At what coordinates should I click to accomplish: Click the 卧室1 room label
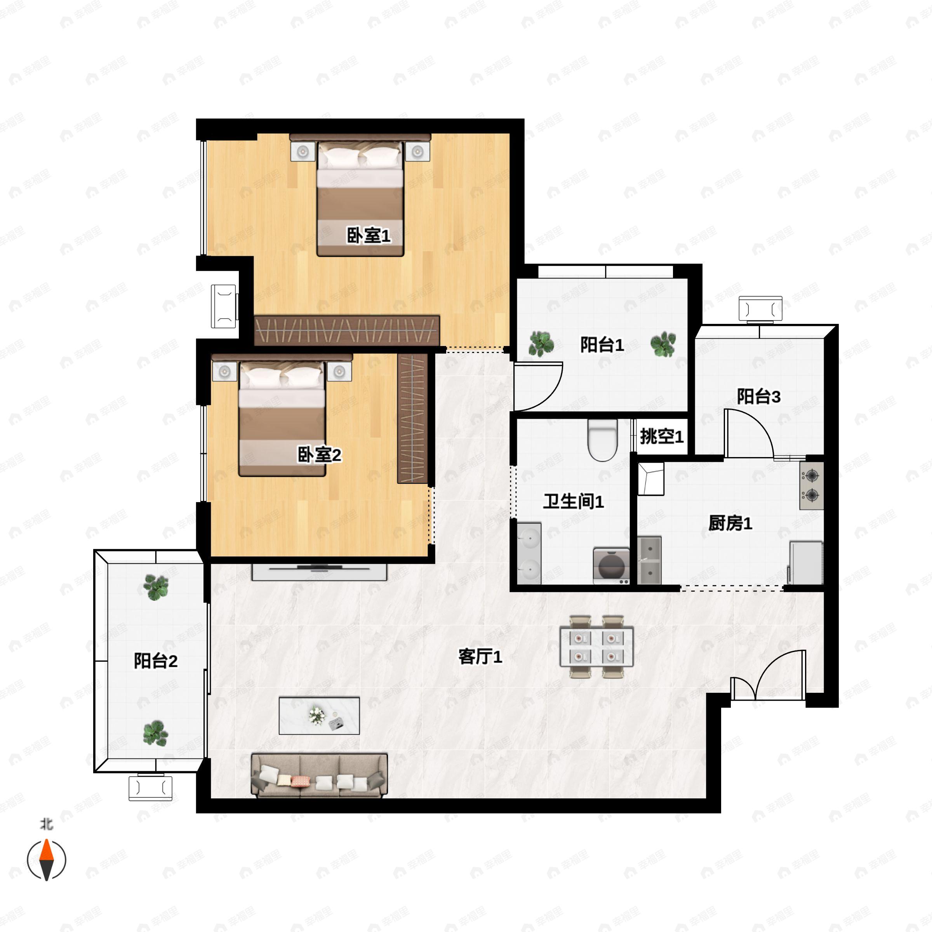click(x=369, y=235)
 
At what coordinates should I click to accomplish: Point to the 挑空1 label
click(x=661, y=436)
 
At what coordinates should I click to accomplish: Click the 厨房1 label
click(x=730, y=523)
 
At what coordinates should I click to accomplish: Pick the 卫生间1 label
click(x=574, y=501)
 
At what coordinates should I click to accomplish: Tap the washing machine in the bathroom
click(x=611, y=565)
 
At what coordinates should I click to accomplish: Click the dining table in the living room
click(x=596, y=647)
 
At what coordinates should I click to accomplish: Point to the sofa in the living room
click(x=319, y=775)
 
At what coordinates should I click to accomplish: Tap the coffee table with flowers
click(x=319, y=715)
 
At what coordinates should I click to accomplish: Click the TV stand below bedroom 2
click(x=319, y=572)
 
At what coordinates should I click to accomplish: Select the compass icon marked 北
click(x=46, y=860)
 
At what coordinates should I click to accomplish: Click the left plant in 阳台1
click(x=541, y=343)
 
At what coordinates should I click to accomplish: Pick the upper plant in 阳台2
click(x=156, y=588)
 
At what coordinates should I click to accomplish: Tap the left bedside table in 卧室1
click(x=303, y=151)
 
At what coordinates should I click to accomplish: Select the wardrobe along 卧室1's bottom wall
click(x=347, y=330)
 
